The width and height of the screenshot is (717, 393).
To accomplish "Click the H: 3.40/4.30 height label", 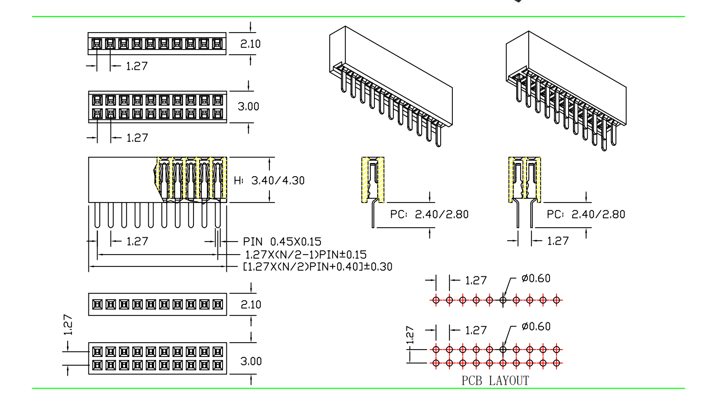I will [x=269, y=180].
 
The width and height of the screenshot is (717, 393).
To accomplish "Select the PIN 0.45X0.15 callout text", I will [x=282, y=242].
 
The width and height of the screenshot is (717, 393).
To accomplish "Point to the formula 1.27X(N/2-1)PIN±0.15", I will [x=306, y=255].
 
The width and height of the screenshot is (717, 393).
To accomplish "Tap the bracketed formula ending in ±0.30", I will [x=318, y=267].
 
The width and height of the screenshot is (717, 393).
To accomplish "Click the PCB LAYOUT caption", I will [x=495, y=381].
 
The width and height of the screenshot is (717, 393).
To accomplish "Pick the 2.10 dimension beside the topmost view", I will [x=250, y=44].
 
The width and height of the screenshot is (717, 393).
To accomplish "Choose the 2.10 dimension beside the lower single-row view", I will [x=251, y=305].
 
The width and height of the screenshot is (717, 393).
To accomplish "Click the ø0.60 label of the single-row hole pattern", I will [x=536, y=278].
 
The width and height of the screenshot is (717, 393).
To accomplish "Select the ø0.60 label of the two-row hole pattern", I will [x=536, y=327].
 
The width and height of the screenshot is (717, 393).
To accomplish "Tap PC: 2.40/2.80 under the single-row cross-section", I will [x=429, y=214].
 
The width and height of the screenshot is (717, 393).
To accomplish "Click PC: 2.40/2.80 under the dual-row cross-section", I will [x=586, y=214].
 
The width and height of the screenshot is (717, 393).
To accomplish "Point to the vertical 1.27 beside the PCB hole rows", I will [x=410, y=334].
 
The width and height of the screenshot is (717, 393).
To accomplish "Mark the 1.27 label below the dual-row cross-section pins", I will [x=557, y=241].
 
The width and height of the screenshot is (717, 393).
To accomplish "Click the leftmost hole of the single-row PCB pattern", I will [x=436, y=300].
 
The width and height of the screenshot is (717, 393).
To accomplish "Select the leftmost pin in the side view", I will [x=97, y=216].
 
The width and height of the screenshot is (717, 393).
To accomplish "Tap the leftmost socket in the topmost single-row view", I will [x=97, y=44].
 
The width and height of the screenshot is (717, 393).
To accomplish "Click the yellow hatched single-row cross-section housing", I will [x=373, y=180].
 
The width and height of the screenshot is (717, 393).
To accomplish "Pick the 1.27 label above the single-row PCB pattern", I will [x=476, y=281].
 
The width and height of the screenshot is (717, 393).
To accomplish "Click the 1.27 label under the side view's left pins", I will [x=137, y=242].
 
